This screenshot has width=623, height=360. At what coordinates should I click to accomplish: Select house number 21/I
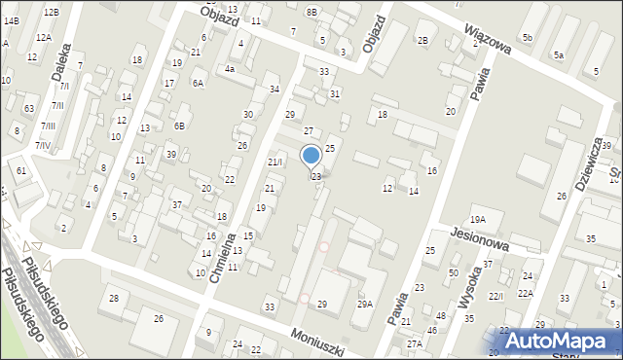tap(275, 162)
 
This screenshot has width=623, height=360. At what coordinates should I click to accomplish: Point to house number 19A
tap(477, 220)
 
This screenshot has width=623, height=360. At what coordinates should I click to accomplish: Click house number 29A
tap(364, 305)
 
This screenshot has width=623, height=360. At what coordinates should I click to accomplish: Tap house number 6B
tap(179, 126)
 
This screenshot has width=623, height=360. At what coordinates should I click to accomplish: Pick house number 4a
tap(230, 69)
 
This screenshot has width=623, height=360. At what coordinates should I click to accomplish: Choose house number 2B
tap(422, 40)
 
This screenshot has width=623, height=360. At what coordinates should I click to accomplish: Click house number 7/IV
tap(43, 145)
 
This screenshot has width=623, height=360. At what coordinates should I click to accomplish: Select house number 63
tap(29, 108)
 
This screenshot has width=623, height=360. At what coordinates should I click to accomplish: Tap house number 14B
tap(12, 19)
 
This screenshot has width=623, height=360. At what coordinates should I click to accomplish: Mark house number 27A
tap(415, 343)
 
